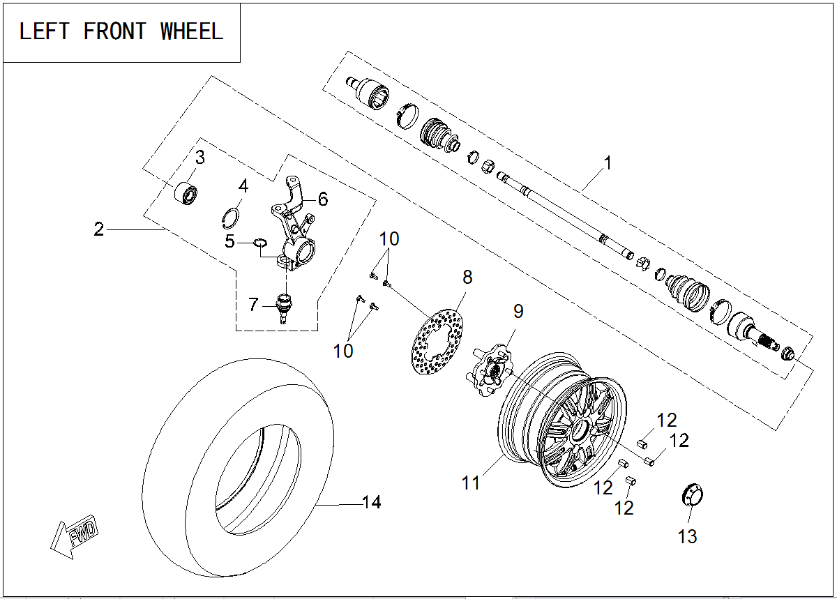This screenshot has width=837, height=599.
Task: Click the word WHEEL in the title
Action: coord(192,31)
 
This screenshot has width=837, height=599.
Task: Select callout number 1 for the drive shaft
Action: coord(607,163)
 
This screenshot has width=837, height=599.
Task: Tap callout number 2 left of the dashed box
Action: coord(99,229)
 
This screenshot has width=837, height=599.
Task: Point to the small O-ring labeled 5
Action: coord(259,243)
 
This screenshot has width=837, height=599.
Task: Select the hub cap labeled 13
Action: coord(692,496)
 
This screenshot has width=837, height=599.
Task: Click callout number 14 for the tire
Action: coord(371,502)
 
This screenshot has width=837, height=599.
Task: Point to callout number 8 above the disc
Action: coord(467,277)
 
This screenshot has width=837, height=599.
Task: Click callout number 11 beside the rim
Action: coord(471,482)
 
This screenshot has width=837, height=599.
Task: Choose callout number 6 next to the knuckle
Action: coord(322,199)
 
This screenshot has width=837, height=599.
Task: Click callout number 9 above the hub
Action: coord(518,311)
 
